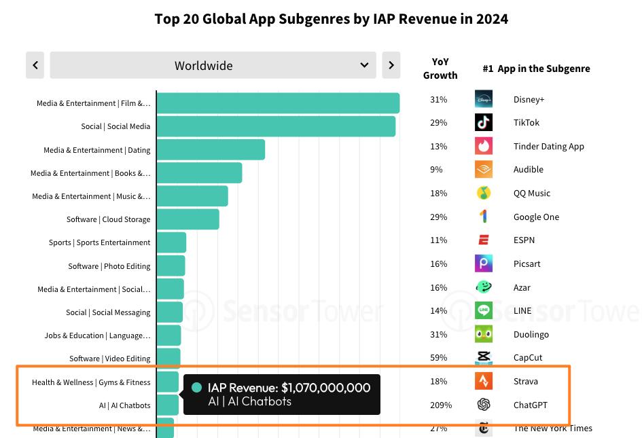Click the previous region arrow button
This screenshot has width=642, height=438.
tap(35, 65)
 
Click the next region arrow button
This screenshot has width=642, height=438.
tap(391, 65)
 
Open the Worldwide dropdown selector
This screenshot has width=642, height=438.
tap(213, 65)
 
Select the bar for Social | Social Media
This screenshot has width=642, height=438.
tap(276, 126)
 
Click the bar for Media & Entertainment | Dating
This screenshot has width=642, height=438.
tap(211, 149)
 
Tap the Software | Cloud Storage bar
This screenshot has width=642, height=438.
tap(188, 219)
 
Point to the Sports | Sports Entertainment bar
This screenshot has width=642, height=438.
tap(171, 242)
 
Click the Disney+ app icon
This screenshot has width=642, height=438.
tap(484, 99)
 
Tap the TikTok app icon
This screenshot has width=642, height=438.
tap(484, 122)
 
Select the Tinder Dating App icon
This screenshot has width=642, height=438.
tap(484, 146)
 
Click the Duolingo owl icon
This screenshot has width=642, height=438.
tap(484, 334)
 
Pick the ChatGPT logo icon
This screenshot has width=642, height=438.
tap(484, 405)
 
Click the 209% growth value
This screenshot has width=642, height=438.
tap(440, 405)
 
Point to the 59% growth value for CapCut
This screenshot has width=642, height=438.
tap(438, 358)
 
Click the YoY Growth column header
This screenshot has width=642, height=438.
tap(440, 69)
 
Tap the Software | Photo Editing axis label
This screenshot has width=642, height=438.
tap(109, 266)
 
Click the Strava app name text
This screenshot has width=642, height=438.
tap(525, 382)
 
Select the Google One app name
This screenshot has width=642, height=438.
tap(536, 217)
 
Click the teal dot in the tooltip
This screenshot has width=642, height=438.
tap(197, 388)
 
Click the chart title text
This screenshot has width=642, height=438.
tap(331, 18)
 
